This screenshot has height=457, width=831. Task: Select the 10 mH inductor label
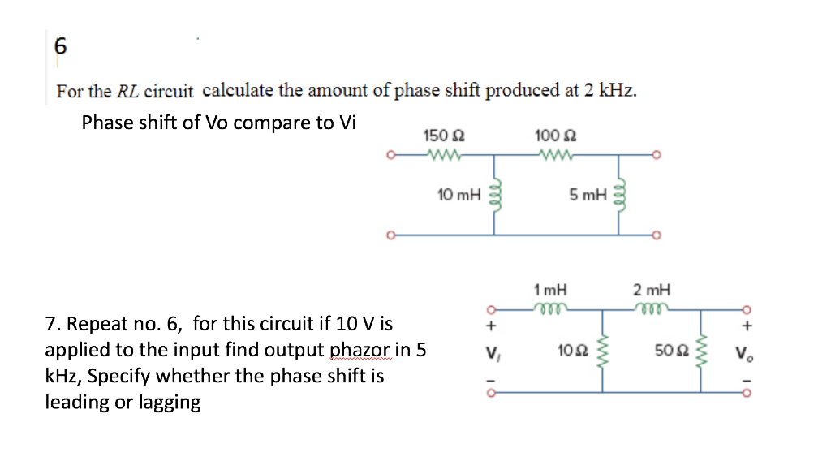459,195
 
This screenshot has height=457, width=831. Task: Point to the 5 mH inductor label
588,195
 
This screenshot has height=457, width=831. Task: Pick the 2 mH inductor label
652,289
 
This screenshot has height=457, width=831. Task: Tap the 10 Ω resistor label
570,351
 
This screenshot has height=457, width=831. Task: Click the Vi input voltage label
490,352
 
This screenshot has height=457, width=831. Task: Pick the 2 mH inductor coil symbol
653,307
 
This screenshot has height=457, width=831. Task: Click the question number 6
60,46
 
